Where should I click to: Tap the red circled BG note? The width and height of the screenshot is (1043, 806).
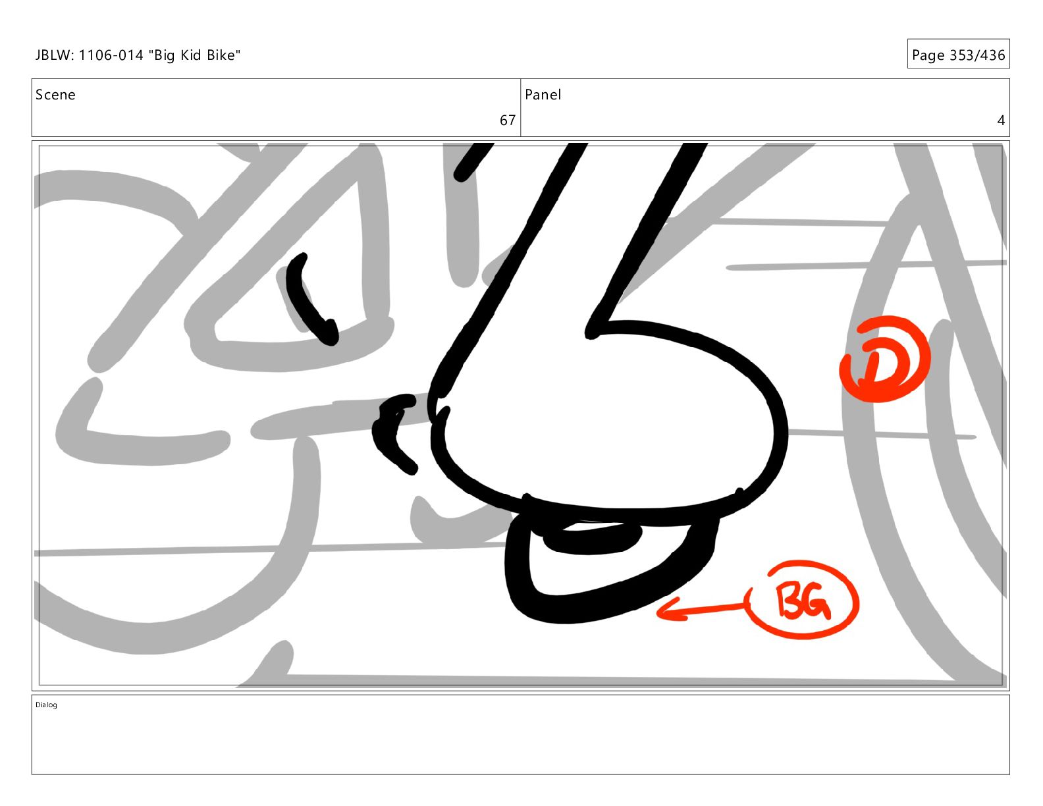coord(803,600)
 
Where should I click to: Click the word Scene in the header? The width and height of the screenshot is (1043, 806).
coord(55,95)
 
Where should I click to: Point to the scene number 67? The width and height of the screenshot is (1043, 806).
coord(507,120)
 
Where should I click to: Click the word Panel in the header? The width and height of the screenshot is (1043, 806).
coord(543,95)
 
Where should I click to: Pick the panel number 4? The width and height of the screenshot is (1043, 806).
coord(1001,120)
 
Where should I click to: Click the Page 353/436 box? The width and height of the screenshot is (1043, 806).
coord(958,54)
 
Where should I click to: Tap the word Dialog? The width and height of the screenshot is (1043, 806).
coord(46,705)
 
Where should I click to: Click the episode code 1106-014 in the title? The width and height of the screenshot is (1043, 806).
coord(111,55)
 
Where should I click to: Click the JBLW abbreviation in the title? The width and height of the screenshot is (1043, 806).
coord(54,55)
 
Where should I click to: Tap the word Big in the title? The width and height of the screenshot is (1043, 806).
coord(165,56)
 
